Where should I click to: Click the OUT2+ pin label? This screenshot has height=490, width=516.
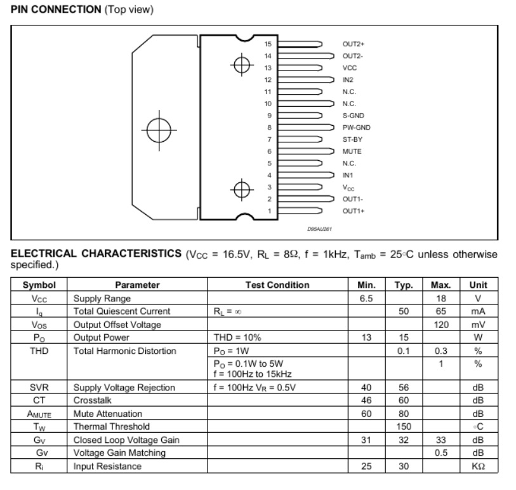pyautogui.click(x=354, y=44)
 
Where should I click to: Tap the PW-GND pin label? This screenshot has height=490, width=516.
pyautogui.click(x=356, y=127)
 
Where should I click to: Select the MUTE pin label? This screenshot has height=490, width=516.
pyautogui.click(x=352, y=151)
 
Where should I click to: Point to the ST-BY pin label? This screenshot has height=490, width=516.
pyautogui.click(x=352, y=139)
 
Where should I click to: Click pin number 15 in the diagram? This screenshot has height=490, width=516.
pyautogui.click(x=268, y=44)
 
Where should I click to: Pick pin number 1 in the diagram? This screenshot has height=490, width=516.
pyautogui.click(x=268, y=210)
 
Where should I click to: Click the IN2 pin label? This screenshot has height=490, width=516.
pyautogui.click(x=348, y=79)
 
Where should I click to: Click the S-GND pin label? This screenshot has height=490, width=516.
pyautogui.click(x=353, y=116)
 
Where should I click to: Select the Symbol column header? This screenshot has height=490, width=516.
pyautogui.click(x=39, y=285)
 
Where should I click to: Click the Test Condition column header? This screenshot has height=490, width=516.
pyautogui.click(x=277, y=285)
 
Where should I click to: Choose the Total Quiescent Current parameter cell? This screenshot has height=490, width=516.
pyautogui.click(x=122, y=311)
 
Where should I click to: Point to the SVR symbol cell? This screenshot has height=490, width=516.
pyautogui.click(x=39, y=386)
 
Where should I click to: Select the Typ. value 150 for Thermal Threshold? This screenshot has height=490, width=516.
pyautogui.click(x=404, y=426)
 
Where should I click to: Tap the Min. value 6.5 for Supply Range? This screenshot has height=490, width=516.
pyautogui.click(x=366, y=298)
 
